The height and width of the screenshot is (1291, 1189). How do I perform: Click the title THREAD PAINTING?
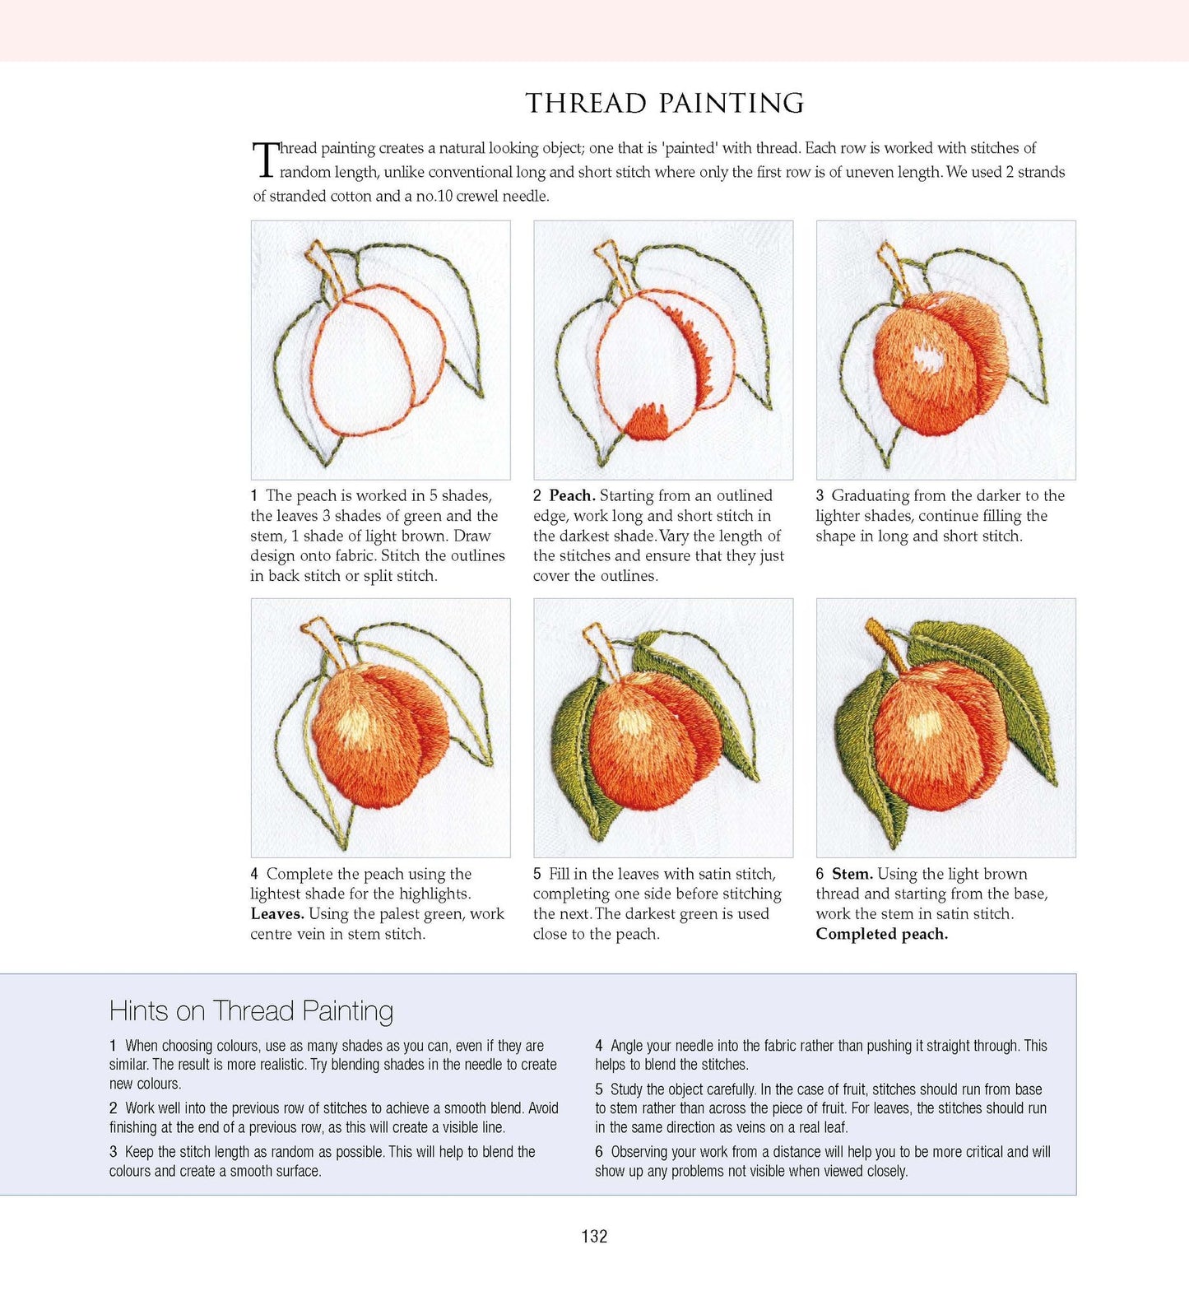(x=665, y=103)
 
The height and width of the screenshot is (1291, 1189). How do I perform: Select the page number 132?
(x=594, y=1236)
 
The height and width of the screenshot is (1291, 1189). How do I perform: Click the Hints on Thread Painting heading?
(x=251, y=1010)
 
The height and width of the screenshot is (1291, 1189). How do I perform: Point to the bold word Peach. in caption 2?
(x=572, y=495)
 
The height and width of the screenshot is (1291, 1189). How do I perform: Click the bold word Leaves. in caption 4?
(x=277, y=913)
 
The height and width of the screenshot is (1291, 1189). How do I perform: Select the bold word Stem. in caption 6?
(x=852, y=874)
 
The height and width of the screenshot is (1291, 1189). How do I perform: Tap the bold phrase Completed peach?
(x=882, y=934)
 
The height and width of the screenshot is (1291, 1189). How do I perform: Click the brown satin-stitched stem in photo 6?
(x=885, y=645)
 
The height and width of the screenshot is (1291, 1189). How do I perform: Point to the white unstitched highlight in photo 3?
(x=929, y=358)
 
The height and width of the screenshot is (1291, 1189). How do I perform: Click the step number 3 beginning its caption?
(x=820, y=495)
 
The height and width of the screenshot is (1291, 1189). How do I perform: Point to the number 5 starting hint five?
(x=599, y=1089)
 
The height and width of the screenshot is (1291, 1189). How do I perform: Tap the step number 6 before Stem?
(x=820, y=874)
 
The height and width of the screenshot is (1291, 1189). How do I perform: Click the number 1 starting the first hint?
(x=113, y=1046)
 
